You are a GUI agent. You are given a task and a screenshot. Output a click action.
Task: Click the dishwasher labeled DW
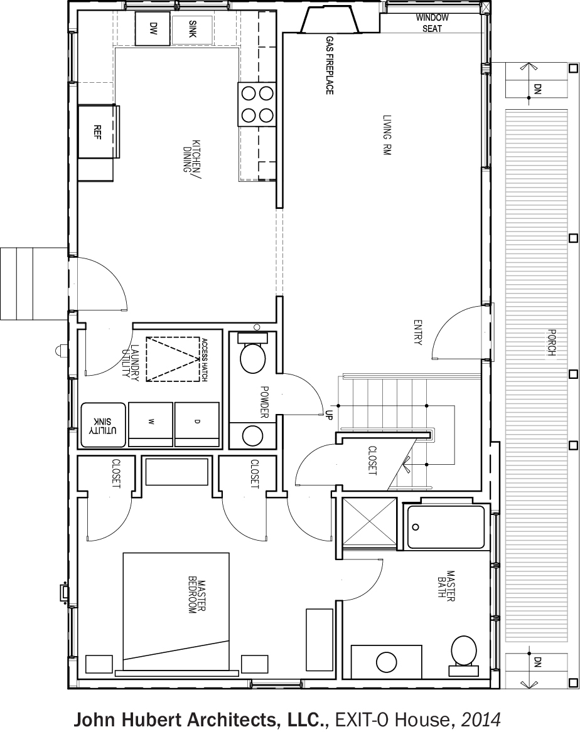coord(153,28)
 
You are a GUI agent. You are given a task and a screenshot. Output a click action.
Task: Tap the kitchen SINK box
coord(193,29)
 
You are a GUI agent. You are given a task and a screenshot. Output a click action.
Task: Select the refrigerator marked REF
coord(97,132)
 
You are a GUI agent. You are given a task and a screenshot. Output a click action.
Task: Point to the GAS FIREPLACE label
coord(329,65)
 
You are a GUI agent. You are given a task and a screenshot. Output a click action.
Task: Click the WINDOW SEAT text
coord(432,23)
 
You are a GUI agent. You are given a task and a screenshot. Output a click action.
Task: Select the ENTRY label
coord(417,332)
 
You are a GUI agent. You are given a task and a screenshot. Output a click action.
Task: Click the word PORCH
coord(551,343)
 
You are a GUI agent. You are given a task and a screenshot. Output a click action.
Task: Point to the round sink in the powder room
coord(253,435)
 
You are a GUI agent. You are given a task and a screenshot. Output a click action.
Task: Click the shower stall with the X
coord(369,521)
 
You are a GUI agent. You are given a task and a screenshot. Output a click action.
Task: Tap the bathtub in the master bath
coord(446,527)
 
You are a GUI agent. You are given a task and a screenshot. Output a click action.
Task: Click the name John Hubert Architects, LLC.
coord(200,719)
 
